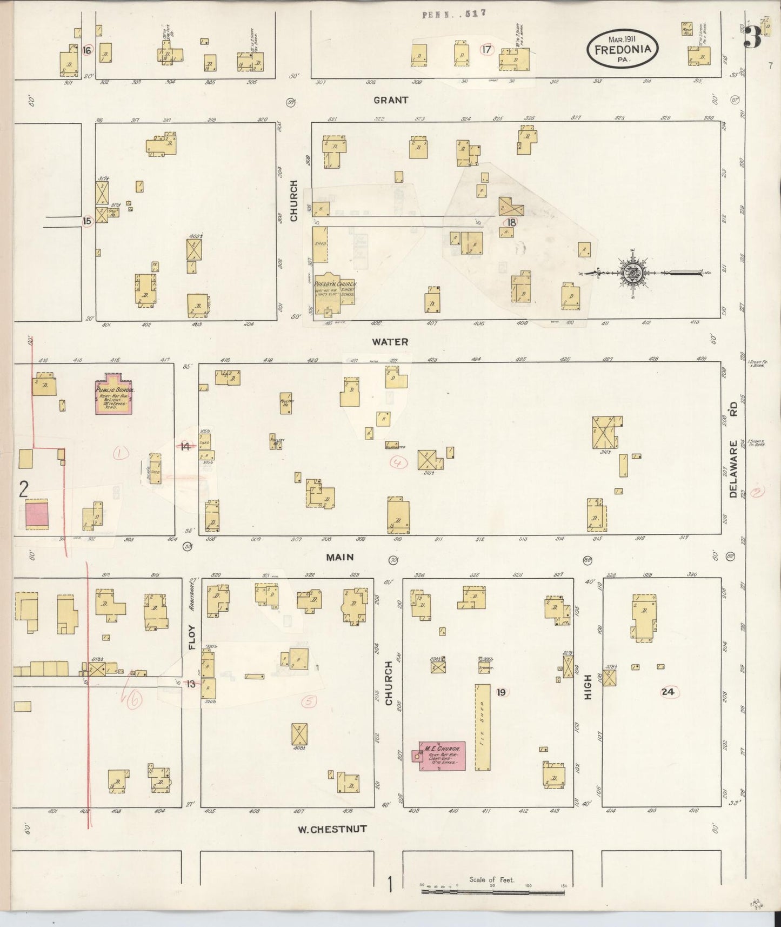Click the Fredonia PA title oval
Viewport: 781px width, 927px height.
(623, 49)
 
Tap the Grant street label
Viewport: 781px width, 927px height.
(391, 100)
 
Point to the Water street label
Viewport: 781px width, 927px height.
(390, 342)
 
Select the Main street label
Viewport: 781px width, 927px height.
(339, 557)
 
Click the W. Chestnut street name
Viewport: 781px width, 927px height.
(332, 829)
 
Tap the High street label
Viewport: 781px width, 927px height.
(588, 687)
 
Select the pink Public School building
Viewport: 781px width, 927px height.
(114, 394)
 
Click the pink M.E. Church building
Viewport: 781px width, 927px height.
(442, 756)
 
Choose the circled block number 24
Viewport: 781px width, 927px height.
(668, 692)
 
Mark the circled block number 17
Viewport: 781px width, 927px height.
(487, 50)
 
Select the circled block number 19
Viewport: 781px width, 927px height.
(502, 692)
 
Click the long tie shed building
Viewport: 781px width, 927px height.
(483, 727)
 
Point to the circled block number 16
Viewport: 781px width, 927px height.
(87, 50)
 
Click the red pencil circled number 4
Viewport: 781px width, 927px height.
(399, 462)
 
